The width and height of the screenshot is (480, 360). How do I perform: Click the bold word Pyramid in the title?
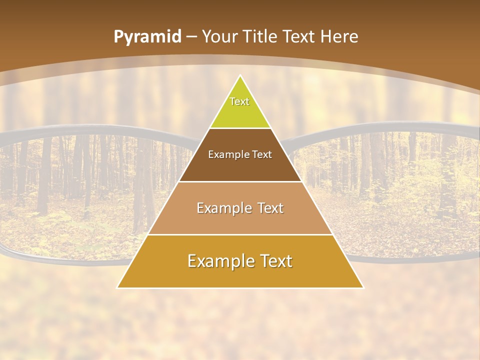pos(147,37)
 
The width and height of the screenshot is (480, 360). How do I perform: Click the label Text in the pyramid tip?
pos(239,101)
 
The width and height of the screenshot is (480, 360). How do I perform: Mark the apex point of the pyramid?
pos(240,76)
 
